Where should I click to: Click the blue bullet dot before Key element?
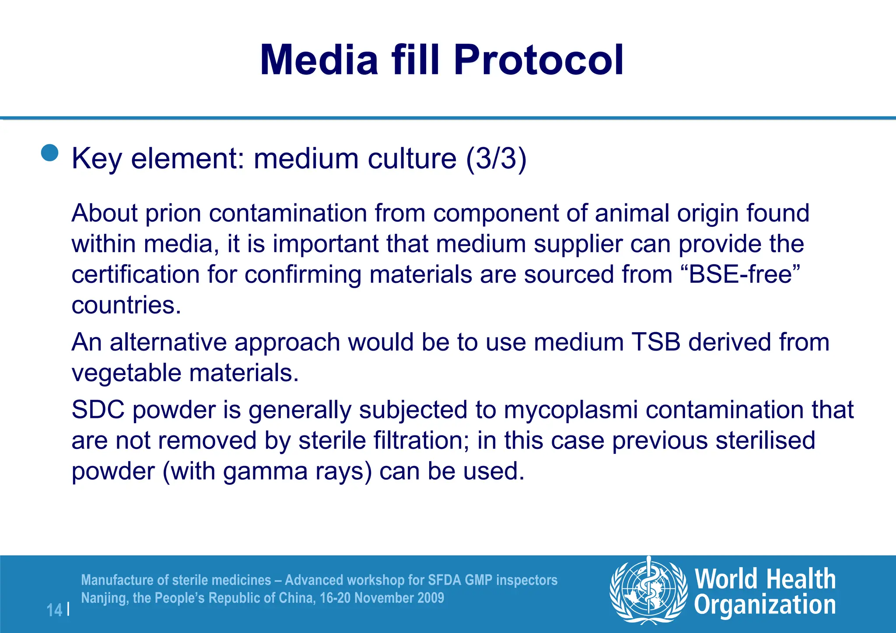pos(50,153)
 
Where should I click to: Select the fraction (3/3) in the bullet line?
pos(496,158)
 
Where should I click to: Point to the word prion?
pos(173,213)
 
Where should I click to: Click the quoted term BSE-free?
pos(741,275)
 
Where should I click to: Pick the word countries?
pos(126,305)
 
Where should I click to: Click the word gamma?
pos(265,471)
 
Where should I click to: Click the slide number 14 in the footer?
pos(54,610)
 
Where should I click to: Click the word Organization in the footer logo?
pos(765,605)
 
